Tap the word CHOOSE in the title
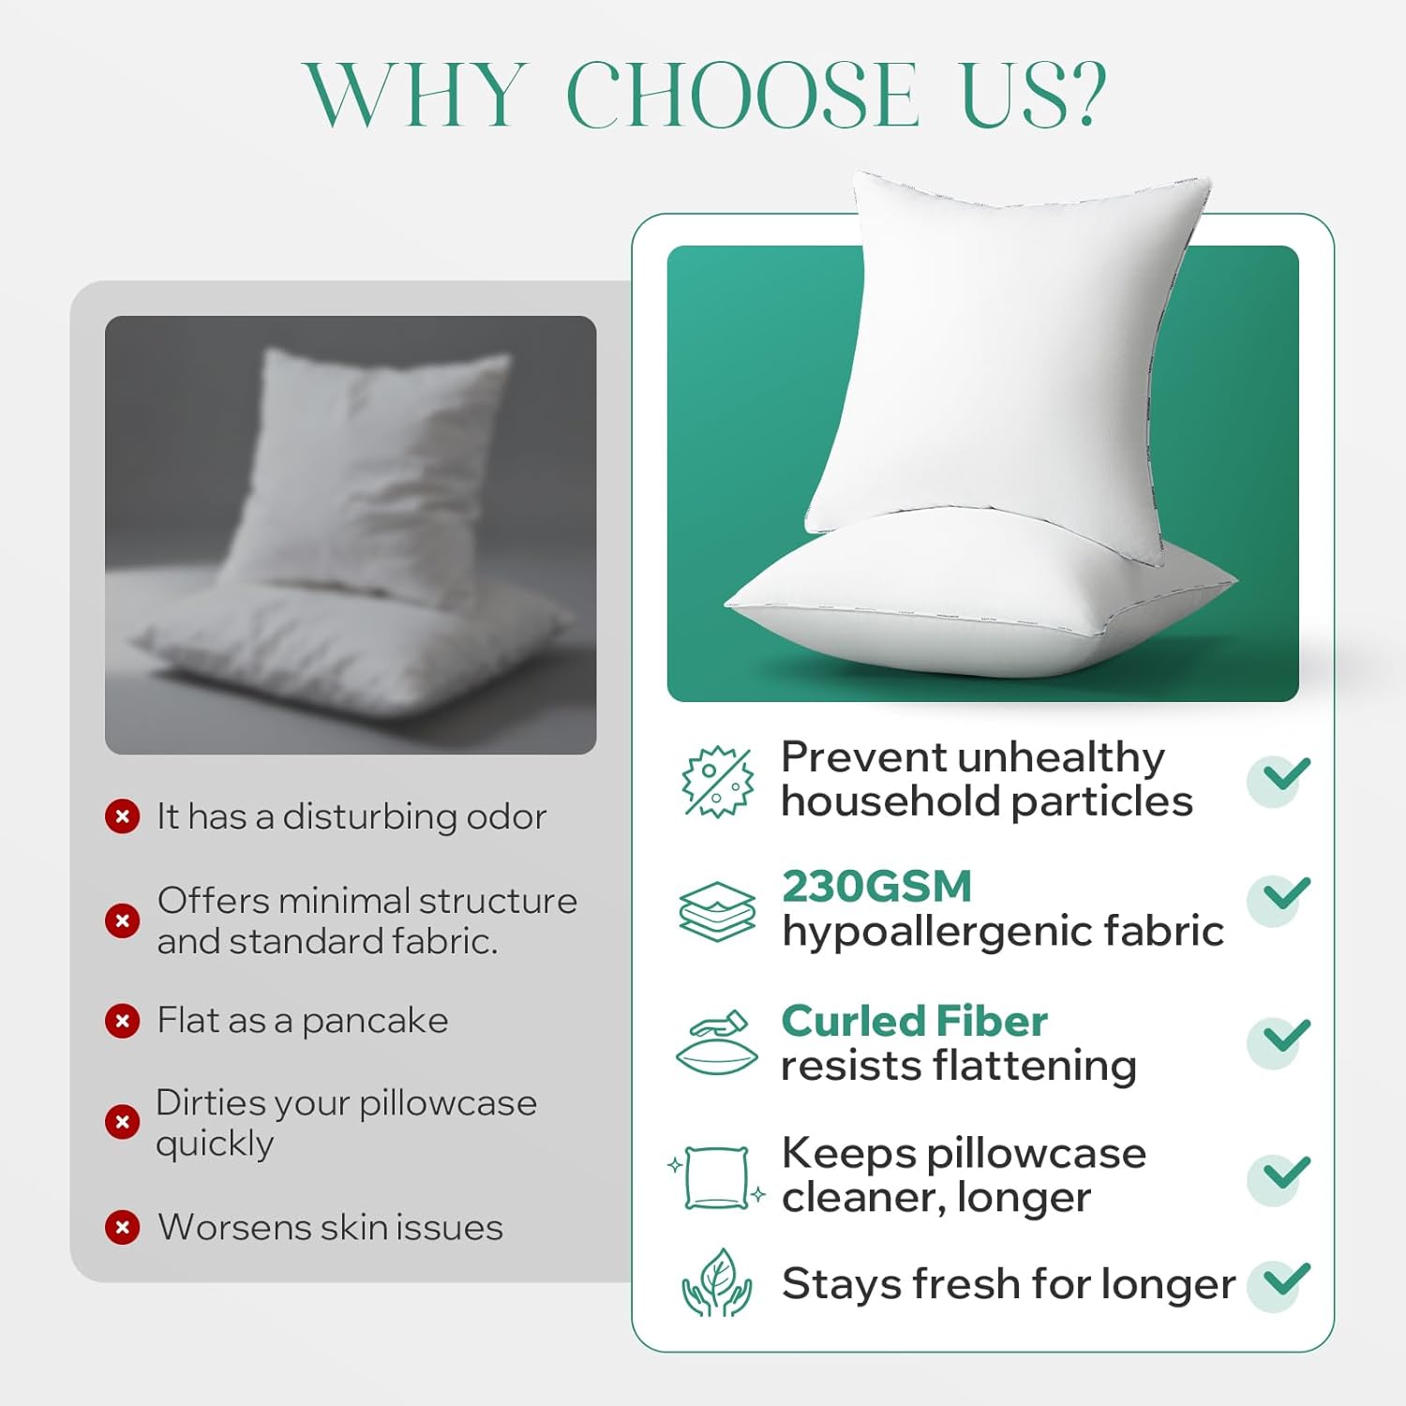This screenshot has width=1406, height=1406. coord(742,95)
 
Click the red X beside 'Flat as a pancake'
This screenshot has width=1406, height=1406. coord(122,1020)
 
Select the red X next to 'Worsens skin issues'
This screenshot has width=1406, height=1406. coord(122,1227)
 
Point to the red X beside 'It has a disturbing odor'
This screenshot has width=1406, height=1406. coord(122,816)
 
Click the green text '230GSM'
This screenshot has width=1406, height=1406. coord(876,887)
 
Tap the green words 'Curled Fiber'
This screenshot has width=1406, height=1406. coord(914,1021)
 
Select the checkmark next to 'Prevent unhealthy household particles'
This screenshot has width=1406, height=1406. coord(1281,777)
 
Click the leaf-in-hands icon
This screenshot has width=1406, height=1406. coord(717,1283)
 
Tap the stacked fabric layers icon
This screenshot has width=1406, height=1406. coord(717,910)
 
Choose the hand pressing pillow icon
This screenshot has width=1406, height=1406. coord(717,1043)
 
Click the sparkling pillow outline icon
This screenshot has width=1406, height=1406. coord(717,1178)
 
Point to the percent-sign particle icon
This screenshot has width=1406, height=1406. coord(717,781)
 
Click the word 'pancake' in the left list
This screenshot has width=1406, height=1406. coord(375,1021)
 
